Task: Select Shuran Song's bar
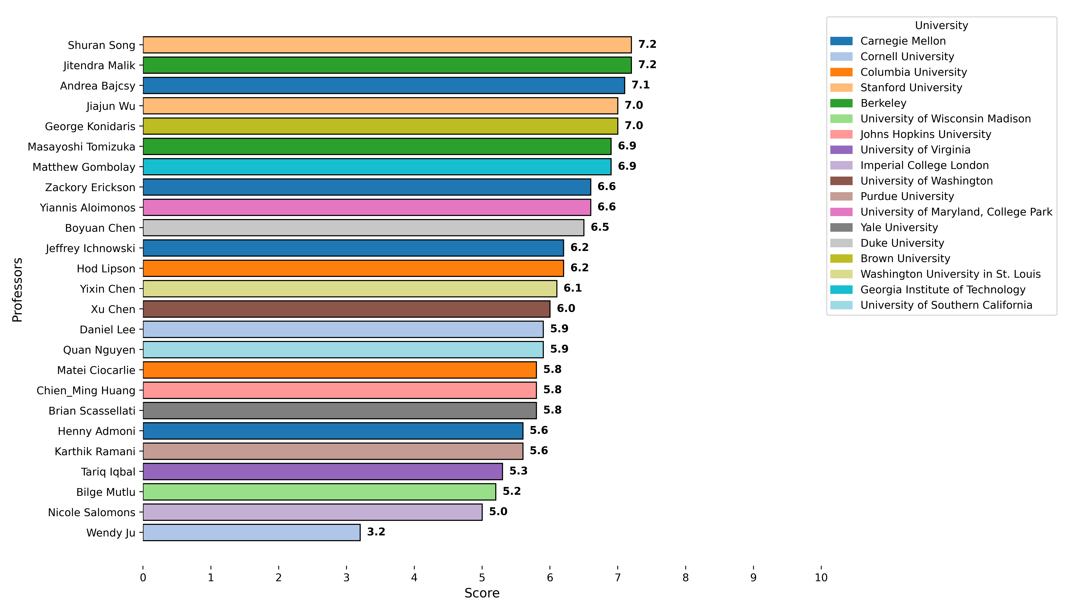click(x=387, y=45)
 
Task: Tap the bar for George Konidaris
click(x=380, y=126)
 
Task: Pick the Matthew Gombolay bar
click(x=377, y=167)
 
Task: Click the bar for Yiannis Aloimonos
click(x=367, y=207)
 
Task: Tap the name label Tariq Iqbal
click(x=108, y=472)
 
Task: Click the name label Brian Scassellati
click(x=92, y=411)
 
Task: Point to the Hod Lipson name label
click(x=106, y=269)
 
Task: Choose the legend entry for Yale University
click(x=899, y=227)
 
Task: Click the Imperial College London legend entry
click(x=924, y=165)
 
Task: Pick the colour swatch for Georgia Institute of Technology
click(x=841, y=290)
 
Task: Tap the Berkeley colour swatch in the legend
click(x=841, y=103)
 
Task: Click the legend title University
click(x=941, y=26)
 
